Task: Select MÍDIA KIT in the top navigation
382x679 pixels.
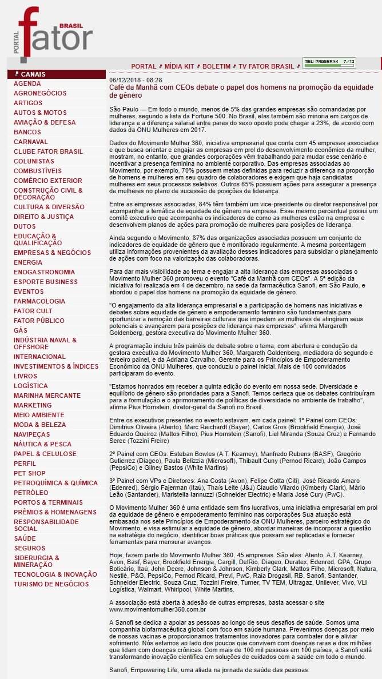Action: (x=180, y=66)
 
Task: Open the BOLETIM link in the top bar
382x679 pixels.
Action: (x=216, y=66)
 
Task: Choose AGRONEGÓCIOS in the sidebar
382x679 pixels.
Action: (x=40, y=93)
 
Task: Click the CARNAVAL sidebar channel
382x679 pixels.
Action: (x=31, y=142)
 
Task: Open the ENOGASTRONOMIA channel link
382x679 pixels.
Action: (x=44, y=272)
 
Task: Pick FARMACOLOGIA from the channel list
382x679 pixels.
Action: (x=39, y=301)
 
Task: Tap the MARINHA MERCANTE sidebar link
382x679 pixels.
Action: (x=47, y=396)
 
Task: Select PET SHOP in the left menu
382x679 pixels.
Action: (x=30, y=473)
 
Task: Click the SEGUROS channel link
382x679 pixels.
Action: (x=29, y=548)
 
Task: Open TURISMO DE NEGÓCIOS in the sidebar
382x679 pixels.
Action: (x=51, y=584)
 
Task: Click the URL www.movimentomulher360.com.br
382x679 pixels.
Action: (x=149, y=609)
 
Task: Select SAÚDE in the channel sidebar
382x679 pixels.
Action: (x=25, y=538)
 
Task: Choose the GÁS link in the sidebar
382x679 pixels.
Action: (x=21, y=330)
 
